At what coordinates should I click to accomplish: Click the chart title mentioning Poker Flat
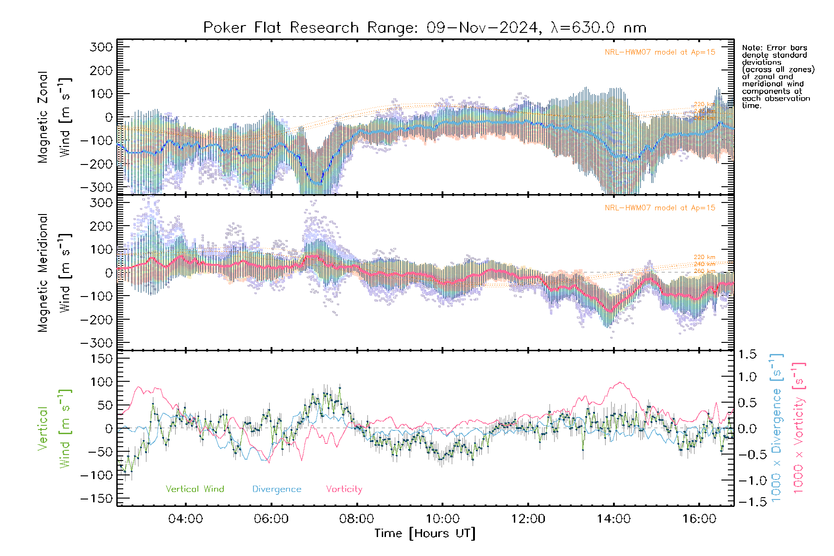(x=424, y=28)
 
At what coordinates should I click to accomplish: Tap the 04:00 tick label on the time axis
(x=185, y=518)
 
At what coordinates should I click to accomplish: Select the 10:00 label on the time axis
(x=442, y=518)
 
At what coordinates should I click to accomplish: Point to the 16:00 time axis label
(x=699, y=518)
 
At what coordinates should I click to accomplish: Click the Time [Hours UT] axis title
(x=425, y=533)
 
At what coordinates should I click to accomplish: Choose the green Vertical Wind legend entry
(x=195, y=489)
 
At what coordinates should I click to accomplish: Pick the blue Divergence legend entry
(x=277, y=489)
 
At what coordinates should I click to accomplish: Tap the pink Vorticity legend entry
(x=344, y=489)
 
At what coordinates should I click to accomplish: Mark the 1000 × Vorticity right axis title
(x=799, y=427)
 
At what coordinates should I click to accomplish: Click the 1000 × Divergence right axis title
(x=777, y=427)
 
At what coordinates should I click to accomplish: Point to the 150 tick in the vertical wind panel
(x=101, y=359)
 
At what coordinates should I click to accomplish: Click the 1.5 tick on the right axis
(x=747, y=354)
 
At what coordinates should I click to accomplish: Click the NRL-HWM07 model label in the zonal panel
(x=660, y=52)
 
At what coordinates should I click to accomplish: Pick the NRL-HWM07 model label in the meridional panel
(x=660, y=208)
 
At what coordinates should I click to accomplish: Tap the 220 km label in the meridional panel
(x=704, y=257)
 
